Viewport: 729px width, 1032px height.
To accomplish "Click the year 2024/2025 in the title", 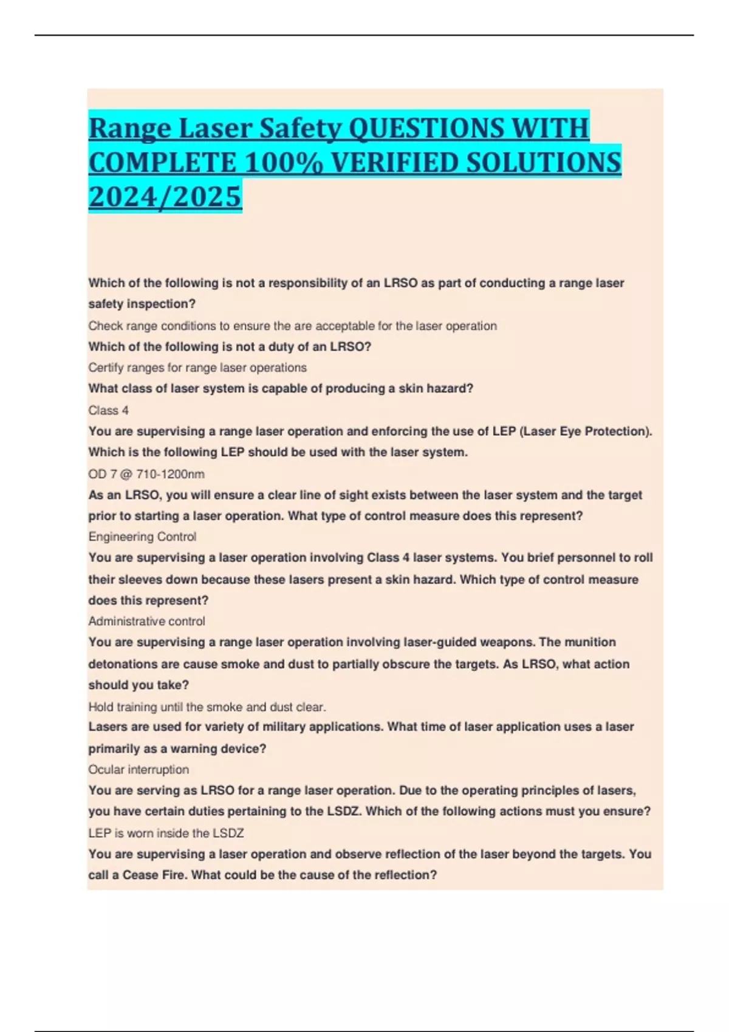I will tap(165, 197).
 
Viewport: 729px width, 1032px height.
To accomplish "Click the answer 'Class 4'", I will tap(109, 410).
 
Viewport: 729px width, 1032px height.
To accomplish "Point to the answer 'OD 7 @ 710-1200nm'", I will tap(146, 474).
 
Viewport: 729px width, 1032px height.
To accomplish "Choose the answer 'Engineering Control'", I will tap(142, 537).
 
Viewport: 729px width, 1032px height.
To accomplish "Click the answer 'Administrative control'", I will tap(146, 621).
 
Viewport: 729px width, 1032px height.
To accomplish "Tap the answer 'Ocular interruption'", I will tap(139, 769).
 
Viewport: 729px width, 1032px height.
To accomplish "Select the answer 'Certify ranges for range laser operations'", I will tap(197, 367).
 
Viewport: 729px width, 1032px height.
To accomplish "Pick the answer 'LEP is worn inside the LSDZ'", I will tap(166, 833).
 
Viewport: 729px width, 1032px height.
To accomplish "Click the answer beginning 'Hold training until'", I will tap(207, 707).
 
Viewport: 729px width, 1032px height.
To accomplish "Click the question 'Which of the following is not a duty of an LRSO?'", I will tap(230, 347).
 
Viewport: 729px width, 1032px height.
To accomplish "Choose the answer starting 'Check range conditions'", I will tap(292, 325).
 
